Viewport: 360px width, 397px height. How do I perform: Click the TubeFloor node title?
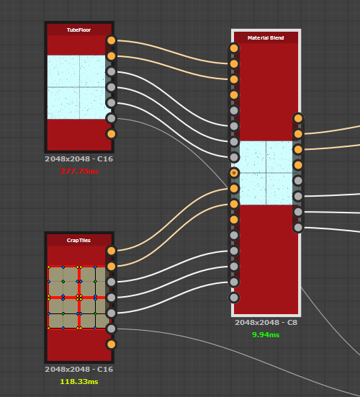[x=78, y=30]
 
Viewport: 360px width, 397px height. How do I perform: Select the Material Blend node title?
[x=266, y=37]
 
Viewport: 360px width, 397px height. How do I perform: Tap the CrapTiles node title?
[x=78, y=240]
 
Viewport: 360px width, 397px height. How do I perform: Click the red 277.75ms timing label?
[x=79, y=171]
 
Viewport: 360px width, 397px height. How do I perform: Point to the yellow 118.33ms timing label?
[x=79, y=382]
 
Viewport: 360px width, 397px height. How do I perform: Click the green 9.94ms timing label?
[x=266, y=335]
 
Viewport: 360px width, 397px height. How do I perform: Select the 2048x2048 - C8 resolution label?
[x=266, y=323]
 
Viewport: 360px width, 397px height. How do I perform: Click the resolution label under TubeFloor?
[x=79, y=159]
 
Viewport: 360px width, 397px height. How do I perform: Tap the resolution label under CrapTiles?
[x=79, y=370]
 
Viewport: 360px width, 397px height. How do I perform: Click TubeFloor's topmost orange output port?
[x=111, y=40]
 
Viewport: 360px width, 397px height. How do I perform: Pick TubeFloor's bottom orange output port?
[x=111, y=134]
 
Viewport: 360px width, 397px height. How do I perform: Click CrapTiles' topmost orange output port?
[x=111, y=251]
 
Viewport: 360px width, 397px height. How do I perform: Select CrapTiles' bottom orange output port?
[x=111, y=344]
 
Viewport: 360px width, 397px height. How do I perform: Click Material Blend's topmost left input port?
[x=234, y=48]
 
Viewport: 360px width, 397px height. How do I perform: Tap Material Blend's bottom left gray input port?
[x=234, y=298]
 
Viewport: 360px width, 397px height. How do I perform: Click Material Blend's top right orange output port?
[x=298, y=118]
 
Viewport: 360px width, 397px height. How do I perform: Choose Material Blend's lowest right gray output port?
[x=298, y=228]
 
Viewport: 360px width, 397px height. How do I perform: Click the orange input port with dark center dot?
[x=234, y=173]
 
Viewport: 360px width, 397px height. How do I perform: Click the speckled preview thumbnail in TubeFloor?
[x=76, y=87]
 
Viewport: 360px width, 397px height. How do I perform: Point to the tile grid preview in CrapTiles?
[x=76, y=298]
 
